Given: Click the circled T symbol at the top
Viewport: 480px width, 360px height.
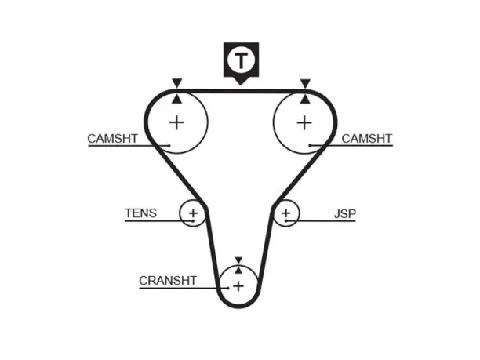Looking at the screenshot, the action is (241, 60).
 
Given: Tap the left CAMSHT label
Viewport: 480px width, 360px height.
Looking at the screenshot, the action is (112, 139).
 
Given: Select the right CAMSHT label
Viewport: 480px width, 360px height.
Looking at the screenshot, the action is (367, 139).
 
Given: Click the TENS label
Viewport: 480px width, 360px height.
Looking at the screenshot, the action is (141, 213).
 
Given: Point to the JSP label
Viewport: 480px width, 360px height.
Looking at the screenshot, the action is (345, 213).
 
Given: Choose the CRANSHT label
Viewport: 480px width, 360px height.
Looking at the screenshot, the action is (167, 281).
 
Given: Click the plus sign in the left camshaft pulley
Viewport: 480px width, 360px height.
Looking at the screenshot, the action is (176, 123).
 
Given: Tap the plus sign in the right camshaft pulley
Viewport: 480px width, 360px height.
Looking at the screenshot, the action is (304, 123).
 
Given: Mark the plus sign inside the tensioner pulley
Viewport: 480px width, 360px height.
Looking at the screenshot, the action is (193, 213).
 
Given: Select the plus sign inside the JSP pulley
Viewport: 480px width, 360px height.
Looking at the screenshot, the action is (286, 213).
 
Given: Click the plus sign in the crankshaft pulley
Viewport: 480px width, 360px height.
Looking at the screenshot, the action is (238, 286).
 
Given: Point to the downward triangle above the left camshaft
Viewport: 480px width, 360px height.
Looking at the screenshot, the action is (177, 83).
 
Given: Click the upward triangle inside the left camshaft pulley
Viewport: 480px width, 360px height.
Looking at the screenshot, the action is (176, 99).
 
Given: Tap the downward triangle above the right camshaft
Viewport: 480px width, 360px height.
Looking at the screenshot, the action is (305, 83).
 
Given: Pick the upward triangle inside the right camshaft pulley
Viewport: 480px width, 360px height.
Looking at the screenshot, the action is (304, 99).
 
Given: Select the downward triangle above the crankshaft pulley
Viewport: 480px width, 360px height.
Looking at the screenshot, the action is (238, 260).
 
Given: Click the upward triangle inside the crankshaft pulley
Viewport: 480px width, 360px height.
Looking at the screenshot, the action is (238, 270).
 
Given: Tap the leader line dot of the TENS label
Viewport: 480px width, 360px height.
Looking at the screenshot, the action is (193, 220).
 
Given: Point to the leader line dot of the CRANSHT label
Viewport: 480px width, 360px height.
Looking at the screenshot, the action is (228, 288).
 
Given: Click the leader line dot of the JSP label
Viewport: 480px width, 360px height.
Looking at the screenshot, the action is (285, 220).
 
